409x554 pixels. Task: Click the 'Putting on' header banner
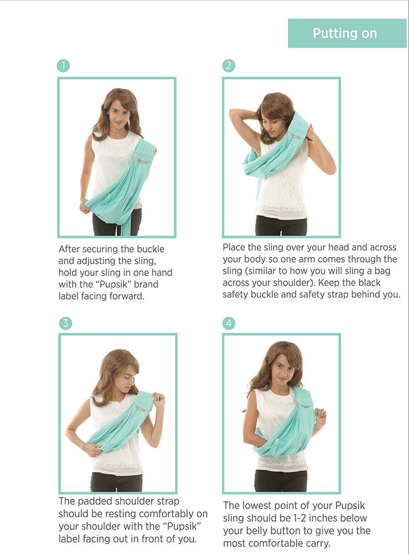pyautogui.click(x=347, y=33)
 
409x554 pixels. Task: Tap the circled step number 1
pyautogui.click(x=64, y=66)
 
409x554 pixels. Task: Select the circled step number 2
pyautogui.click(x=229, y=66)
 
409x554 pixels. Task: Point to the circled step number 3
pyautogui.click(x=65, y=324)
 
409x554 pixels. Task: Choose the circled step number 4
pyautogui.click(x=229, y=324)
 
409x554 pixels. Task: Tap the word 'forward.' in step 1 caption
pyautogui.click(x=127, y=296)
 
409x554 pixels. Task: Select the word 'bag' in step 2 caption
pyautogui.click(x=382, y=271)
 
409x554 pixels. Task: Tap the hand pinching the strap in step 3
pyautogui.click(x=158, y=399)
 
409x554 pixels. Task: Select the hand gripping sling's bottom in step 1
pyautogui.click(x=85, y=206)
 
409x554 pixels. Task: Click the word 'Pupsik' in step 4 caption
pyautogui.click(x=349, y=506)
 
